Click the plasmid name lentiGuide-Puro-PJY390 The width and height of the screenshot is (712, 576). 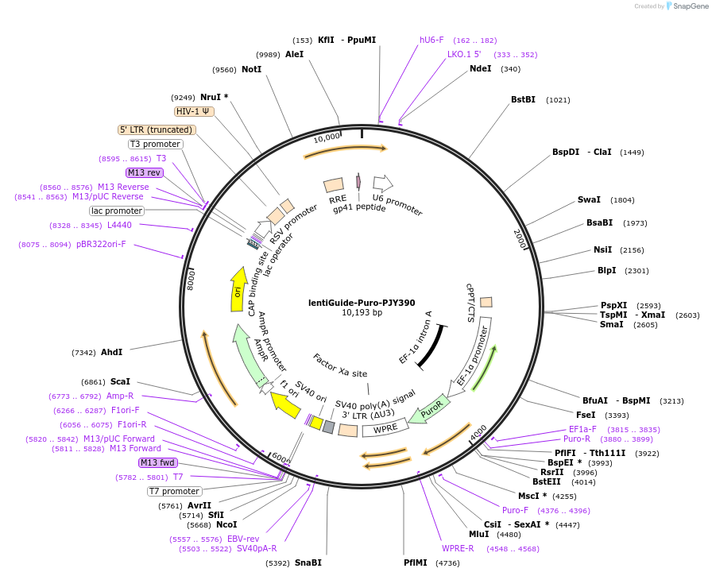pos(362,303)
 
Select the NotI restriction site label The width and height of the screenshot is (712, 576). pos(252,69)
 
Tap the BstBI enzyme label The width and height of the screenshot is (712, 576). pos(523,99)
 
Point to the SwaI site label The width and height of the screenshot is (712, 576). pos(589,199)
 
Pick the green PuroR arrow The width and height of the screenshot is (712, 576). pos(429,410)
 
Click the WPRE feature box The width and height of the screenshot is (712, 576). pos(385,428)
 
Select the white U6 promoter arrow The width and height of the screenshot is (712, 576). pos(383,184)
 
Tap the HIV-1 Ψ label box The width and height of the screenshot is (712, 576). pos(194,111)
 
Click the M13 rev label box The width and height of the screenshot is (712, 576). pos(144,172)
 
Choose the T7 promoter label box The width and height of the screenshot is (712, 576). pos(174,491)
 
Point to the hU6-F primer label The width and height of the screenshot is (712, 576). pos(431,40)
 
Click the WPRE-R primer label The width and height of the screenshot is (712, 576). pos(458,548)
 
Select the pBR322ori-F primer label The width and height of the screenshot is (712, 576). pos(101,244)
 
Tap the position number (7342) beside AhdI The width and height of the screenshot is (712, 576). pos(83,352)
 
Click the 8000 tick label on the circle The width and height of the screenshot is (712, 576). pos(191,279)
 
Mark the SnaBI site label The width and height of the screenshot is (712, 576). pos(308,562)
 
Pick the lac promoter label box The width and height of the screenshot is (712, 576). pos(117,211)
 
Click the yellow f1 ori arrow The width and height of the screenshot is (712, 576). pos(286,404)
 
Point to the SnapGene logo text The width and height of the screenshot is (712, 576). pos(691,6)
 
